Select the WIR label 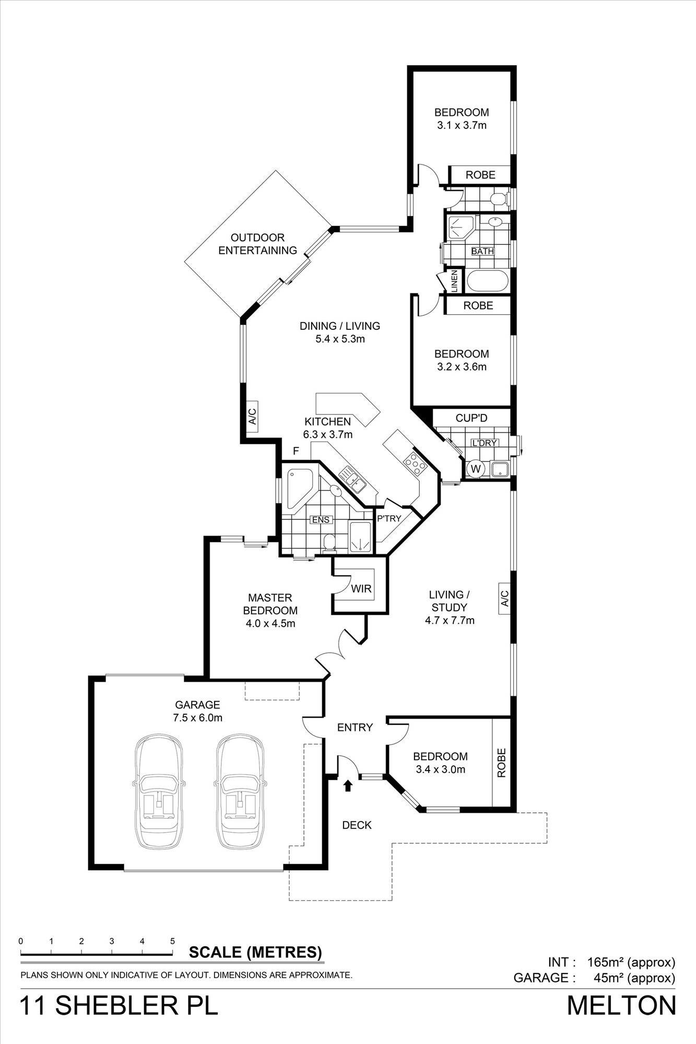point(361,589)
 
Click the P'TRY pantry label point(389,518)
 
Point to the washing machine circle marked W point(475,468)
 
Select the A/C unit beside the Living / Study point(504,599)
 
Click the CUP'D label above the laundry point(471,418)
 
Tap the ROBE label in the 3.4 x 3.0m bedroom point(502,763)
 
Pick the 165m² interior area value point(606,962)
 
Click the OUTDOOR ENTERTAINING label point(257,244)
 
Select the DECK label point(357,825)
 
